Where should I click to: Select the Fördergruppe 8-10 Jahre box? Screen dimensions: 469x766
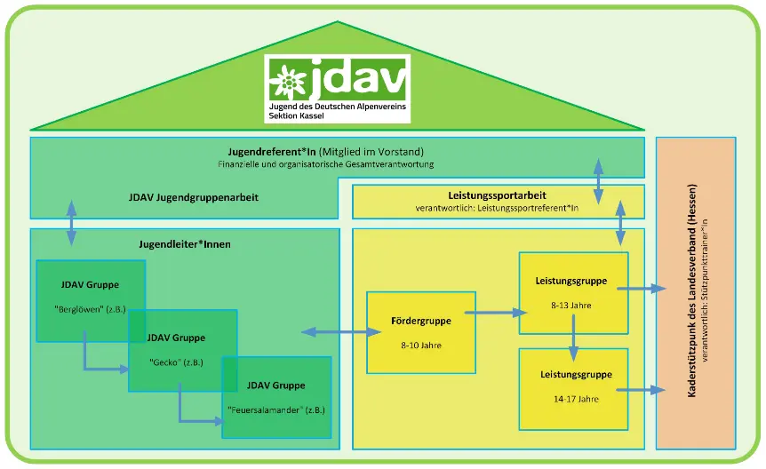pos(421,332)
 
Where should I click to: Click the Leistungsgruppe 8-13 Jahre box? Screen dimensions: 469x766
pos(573,292)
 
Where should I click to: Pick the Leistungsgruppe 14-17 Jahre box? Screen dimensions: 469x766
pos(573,387)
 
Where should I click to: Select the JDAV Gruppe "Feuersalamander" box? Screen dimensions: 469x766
pos(276,397)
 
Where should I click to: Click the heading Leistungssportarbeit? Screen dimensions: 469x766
pos(498,195)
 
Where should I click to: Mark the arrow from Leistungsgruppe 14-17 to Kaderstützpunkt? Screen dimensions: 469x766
pos(647,389)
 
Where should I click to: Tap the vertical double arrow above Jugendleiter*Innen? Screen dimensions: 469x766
pos(71,223)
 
